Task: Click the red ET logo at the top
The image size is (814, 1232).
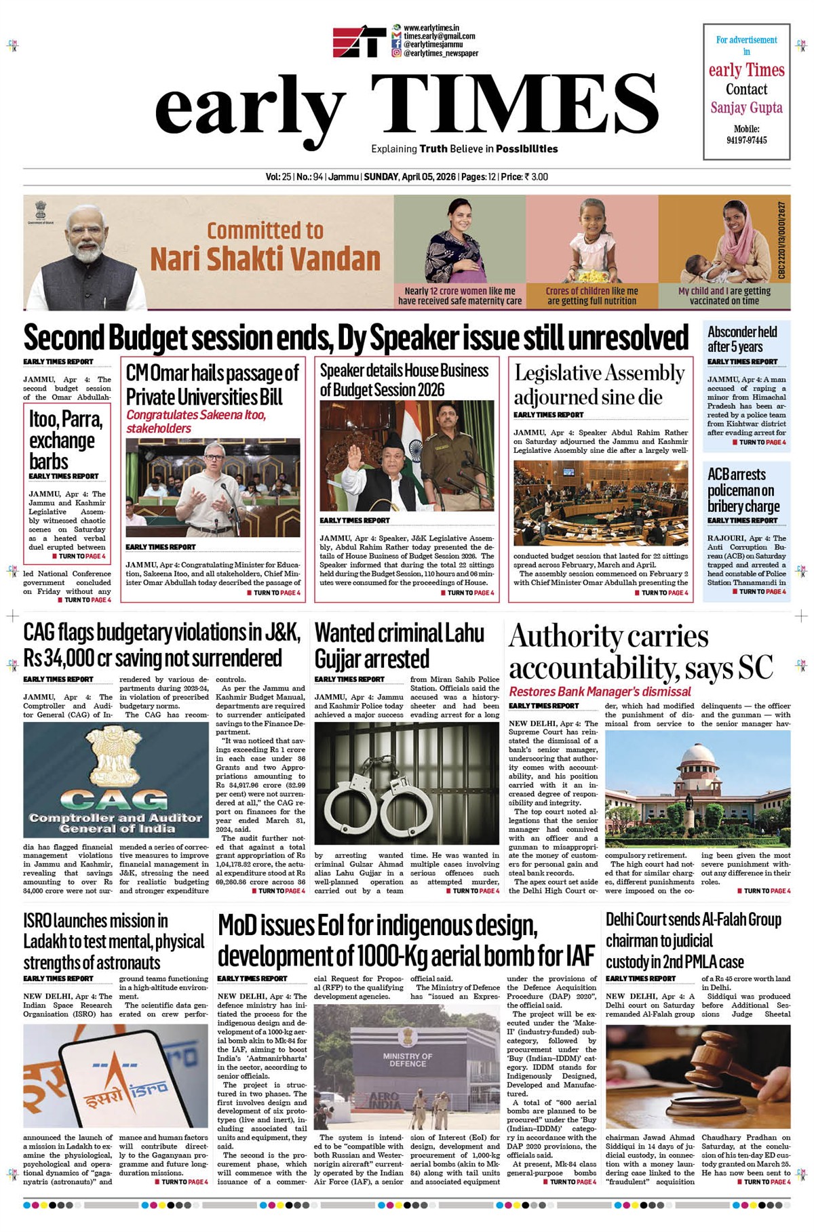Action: (359, 41)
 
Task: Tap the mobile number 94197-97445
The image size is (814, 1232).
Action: (746, 140)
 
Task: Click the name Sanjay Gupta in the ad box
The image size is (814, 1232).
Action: (746, 108)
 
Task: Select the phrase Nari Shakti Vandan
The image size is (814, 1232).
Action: (265, 259)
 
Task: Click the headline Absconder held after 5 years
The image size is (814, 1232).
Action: (742, 339)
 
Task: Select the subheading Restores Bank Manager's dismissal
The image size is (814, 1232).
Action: (600, 692)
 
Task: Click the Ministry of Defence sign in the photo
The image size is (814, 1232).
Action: (407, 1060)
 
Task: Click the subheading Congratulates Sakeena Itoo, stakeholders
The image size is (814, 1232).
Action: (196, 421)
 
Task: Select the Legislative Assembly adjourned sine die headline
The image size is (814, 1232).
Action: (599, 384)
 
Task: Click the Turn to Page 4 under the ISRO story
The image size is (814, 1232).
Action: (180, 1182)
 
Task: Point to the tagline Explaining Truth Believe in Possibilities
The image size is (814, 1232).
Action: (464, 149)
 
